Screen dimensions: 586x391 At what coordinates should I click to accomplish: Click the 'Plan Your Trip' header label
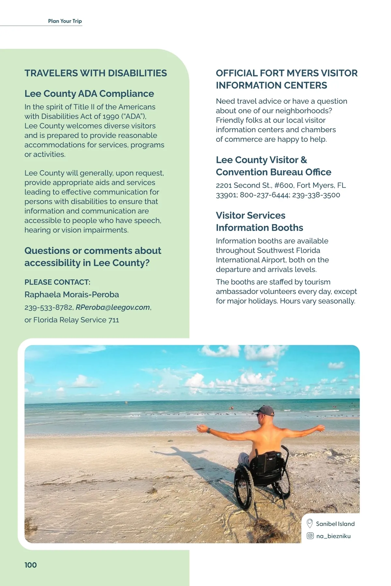click(65, 21)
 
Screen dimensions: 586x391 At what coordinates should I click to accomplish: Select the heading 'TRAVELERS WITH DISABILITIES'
click(95, 73)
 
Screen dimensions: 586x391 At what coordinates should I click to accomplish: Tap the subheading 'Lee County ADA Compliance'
click(89, 94)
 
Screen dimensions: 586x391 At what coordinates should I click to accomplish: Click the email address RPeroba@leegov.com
click(113, 307)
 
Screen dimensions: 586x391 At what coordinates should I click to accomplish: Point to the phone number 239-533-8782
click(49, 307)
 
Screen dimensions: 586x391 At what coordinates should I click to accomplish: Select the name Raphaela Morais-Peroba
click(72, 295)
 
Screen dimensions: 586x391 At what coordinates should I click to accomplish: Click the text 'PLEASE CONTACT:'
click(57, 282)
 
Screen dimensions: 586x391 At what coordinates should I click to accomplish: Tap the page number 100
click(31, 565)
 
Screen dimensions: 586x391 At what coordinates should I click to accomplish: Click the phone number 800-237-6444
click(264, 195)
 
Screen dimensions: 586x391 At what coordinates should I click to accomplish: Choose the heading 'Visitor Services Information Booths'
click(259, 221)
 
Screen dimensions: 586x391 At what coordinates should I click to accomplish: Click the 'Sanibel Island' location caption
click(335, 524)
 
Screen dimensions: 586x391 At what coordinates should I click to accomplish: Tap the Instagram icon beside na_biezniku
click(310, 536)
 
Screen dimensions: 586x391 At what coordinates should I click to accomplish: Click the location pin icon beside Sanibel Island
click(310, 523)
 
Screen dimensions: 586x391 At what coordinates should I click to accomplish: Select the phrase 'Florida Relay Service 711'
click(76, 320)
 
